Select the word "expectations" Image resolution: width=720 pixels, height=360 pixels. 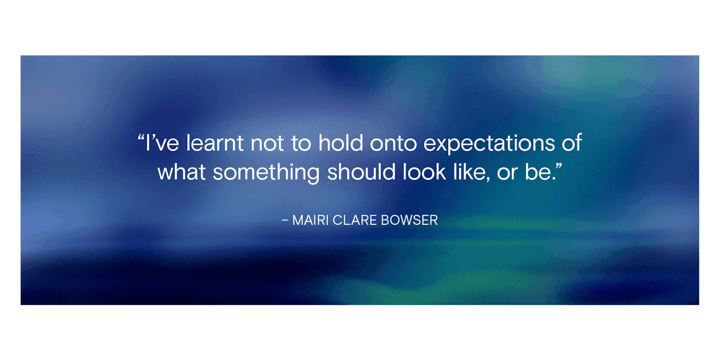[489, 144]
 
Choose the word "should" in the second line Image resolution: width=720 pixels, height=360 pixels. [361, 172]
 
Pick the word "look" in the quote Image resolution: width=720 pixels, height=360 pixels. [424, 172]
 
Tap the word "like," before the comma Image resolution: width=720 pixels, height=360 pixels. [472, 172]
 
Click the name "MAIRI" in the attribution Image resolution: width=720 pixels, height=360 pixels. [310, 220]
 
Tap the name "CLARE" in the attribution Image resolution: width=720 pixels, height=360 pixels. [355, 220]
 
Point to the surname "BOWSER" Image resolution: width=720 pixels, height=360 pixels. [409, 220]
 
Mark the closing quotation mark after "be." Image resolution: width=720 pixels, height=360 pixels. [558, 166]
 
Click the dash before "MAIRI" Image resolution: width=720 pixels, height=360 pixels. [285, 220]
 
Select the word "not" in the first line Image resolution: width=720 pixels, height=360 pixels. [267, 144]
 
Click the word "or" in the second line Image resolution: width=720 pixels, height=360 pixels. [508, 174]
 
